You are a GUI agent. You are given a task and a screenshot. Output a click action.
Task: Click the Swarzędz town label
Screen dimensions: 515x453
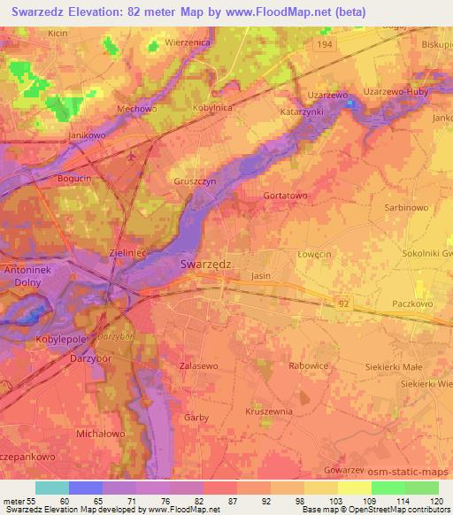pos(206,263)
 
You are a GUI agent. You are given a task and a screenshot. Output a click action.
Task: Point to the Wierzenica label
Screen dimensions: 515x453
pos(188,42)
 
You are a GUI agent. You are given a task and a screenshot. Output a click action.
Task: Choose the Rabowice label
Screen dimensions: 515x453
pos(310,365)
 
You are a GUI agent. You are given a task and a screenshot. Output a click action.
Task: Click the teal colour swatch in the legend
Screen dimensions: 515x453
pos(52,488)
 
